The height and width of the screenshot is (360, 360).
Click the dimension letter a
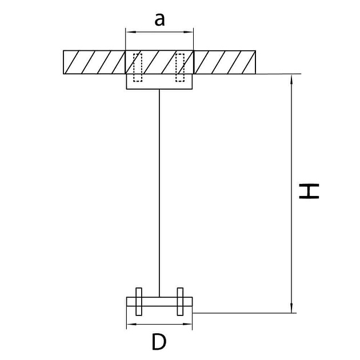coord(159,19)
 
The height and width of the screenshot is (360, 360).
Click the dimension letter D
coord(159,342)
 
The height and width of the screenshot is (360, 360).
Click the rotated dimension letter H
coord(309,191)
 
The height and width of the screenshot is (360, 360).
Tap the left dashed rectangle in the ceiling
coord(138,67)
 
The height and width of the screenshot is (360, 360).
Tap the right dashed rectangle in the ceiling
coord(180,67)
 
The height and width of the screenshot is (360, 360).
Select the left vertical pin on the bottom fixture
coord(139,302)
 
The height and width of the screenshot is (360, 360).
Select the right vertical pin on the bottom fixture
coord(180,302)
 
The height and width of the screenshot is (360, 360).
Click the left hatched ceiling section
coord(94,62)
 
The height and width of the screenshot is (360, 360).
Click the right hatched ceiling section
coord(225,62)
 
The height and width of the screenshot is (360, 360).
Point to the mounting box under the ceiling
coord(159,82)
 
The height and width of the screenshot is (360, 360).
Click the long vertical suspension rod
coord(159,193)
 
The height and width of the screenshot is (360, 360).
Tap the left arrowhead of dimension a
coord(129,32)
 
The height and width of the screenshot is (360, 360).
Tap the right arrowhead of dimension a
coord(190,32)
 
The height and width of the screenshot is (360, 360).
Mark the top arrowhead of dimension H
coord(291,78)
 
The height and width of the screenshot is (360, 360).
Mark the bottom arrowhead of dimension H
coord(291,310)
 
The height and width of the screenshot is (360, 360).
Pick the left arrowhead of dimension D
coord(130,324)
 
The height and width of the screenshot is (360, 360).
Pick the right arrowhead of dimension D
coord(189,324)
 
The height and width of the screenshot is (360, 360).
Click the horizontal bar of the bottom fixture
coord(159,302)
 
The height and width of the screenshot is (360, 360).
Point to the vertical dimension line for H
coord(291,194)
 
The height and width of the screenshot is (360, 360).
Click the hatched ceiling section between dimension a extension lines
coord(159,62)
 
